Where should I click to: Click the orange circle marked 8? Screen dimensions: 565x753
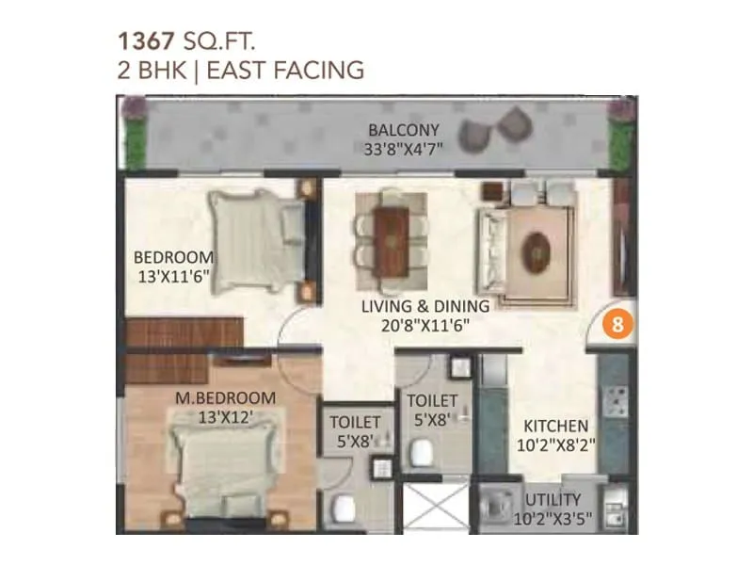coord(617,324)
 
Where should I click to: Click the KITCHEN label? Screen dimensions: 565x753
coord(556,427)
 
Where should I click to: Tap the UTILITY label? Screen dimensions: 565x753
coord(553,499)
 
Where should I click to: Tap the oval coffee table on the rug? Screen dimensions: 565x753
coord(536,250)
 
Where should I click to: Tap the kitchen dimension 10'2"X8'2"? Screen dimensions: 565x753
coord(556,445)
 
